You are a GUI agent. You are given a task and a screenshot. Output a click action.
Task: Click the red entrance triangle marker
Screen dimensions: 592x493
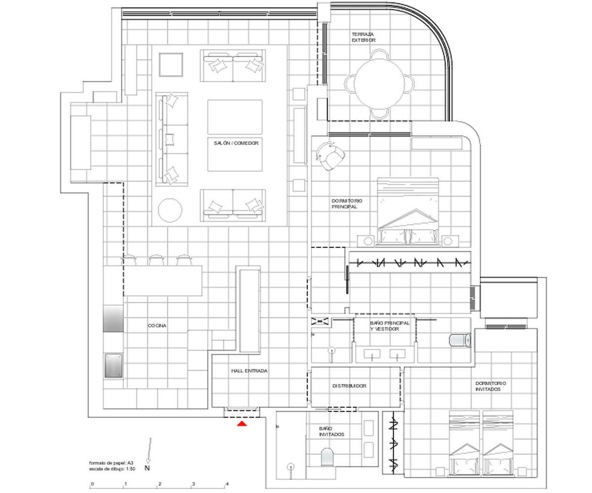click(242, 424)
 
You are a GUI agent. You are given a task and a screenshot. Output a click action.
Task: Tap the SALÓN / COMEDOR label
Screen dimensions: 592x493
click(236, 143)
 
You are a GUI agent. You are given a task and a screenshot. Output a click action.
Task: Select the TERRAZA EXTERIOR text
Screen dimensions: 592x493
click(364, 37)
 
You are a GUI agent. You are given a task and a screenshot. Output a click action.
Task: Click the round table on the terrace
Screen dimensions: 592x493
click(379, 84)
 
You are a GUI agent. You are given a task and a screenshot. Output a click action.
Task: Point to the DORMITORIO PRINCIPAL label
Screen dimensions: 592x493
click(347, 204)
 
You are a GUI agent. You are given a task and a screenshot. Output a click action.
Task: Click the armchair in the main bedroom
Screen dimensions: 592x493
click(330, 156)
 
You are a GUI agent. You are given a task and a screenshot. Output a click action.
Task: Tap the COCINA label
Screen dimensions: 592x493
click(157, 326)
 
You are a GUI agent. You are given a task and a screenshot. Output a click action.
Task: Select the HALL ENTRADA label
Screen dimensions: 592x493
click(249, 371)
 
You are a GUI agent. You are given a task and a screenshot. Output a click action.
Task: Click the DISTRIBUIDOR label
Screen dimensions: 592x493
click(349, 386)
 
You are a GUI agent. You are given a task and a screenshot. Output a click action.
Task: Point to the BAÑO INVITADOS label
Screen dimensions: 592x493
click(332, 431)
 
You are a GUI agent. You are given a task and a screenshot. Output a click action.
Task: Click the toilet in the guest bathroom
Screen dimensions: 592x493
click(327, 458)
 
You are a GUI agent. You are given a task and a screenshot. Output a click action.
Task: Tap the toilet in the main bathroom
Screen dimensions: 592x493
click(460, 340)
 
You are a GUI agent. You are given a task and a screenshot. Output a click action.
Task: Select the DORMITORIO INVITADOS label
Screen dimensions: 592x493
click(490, 386)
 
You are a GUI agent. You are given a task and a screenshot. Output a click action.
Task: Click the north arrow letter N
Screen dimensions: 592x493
click(147, 468)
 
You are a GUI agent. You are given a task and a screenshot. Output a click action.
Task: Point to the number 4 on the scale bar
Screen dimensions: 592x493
click(227, 484)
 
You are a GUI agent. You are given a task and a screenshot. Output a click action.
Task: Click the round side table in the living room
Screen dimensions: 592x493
click(170, 210)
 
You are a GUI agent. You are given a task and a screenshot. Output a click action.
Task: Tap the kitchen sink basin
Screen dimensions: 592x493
click(113, 365)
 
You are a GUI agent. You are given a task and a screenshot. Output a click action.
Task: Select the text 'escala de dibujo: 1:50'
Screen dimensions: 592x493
click(112, 469)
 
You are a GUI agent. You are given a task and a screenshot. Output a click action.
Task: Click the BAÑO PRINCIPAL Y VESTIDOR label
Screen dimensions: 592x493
click(390, 326)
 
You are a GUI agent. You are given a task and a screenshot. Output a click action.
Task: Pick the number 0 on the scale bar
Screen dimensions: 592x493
click(92, 484)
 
